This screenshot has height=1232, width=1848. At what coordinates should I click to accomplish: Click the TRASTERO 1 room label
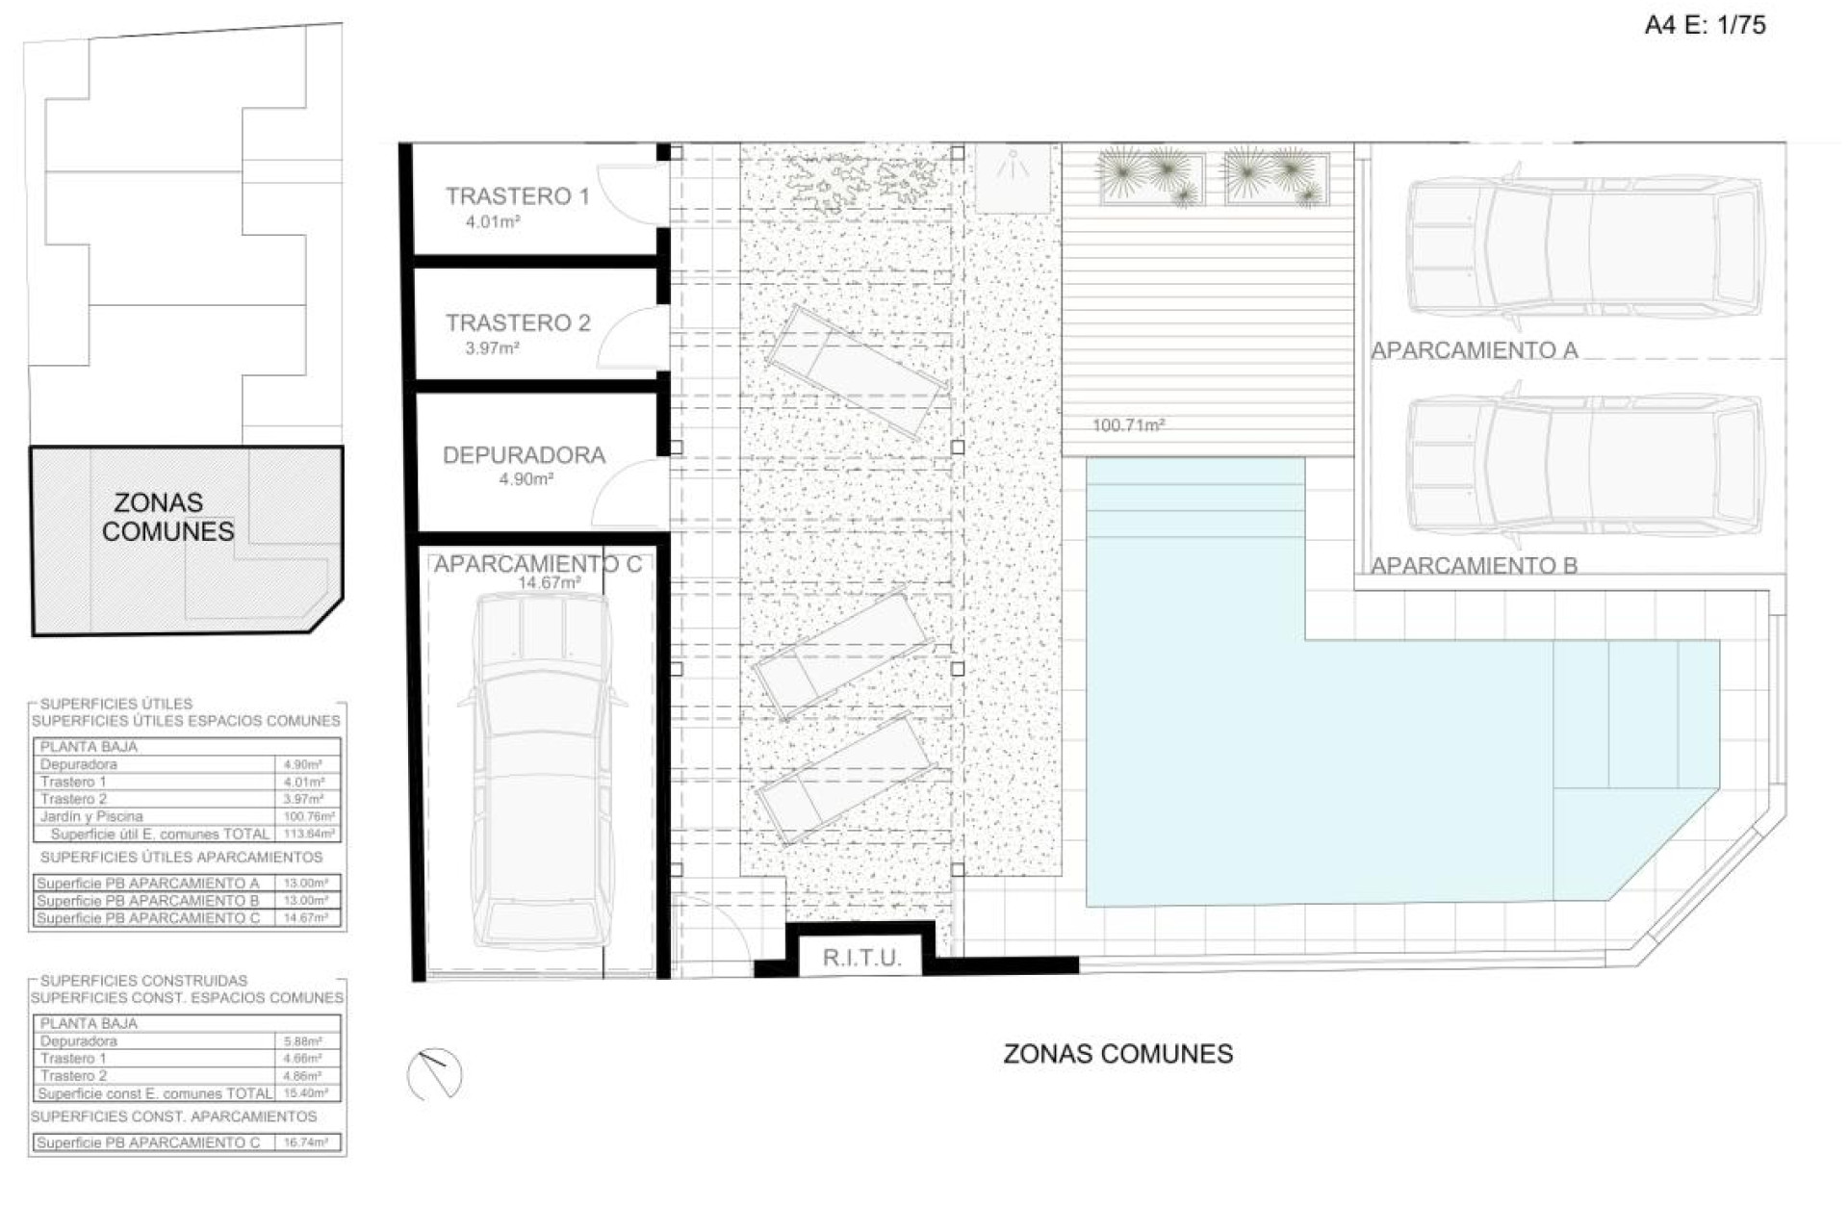(x=517, y=196)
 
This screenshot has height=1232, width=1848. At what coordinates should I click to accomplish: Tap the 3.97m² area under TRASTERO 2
(x=492, y=348)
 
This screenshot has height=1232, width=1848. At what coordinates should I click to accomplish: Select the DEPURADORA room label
(x=524, y=455)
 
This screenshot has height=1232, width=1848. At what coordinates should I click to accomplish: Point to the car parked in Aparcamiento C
(x=544, y=770)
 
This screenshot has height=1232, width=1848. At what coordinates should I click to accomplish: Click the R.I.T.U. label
(x=861, y=959)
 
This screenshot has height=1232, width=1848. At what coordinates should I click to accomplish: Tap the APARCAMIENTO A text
(x=1474, y=351)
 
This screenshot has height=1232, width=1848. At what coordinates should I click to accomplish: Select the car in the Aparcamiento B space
(x=1584, y=465)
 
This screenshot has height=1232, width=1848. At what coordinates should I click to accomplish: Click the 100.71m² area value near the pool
(x=1128, y=424)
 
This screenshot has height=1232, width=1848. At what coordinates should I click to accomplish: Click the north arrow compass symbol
(x=435, y=1074)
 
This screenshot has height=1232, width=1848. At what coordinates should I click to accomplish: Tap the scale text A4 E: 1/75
(x=1705, y=25)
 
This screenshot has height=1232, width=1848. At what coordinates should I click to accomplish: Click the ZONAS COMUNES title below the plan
(x=1117, y=1054)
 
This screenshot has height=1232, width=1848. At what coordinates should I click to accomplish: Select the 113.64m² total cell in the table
(x=309, y=834)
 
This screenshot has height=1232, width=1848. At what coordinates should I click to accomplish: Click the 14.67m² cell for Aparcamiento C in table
(x=306, y=918)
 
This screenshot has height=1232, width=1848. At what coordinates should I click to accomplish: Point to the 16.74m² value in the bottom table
(x=306, y=1142)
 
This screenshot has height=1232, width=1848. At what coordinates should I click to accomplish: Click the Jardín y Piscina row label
(x=91, y=816)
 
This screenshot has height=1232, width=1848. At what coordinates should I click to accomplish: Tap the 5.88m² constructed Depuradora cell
(x=303, y=1041)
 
